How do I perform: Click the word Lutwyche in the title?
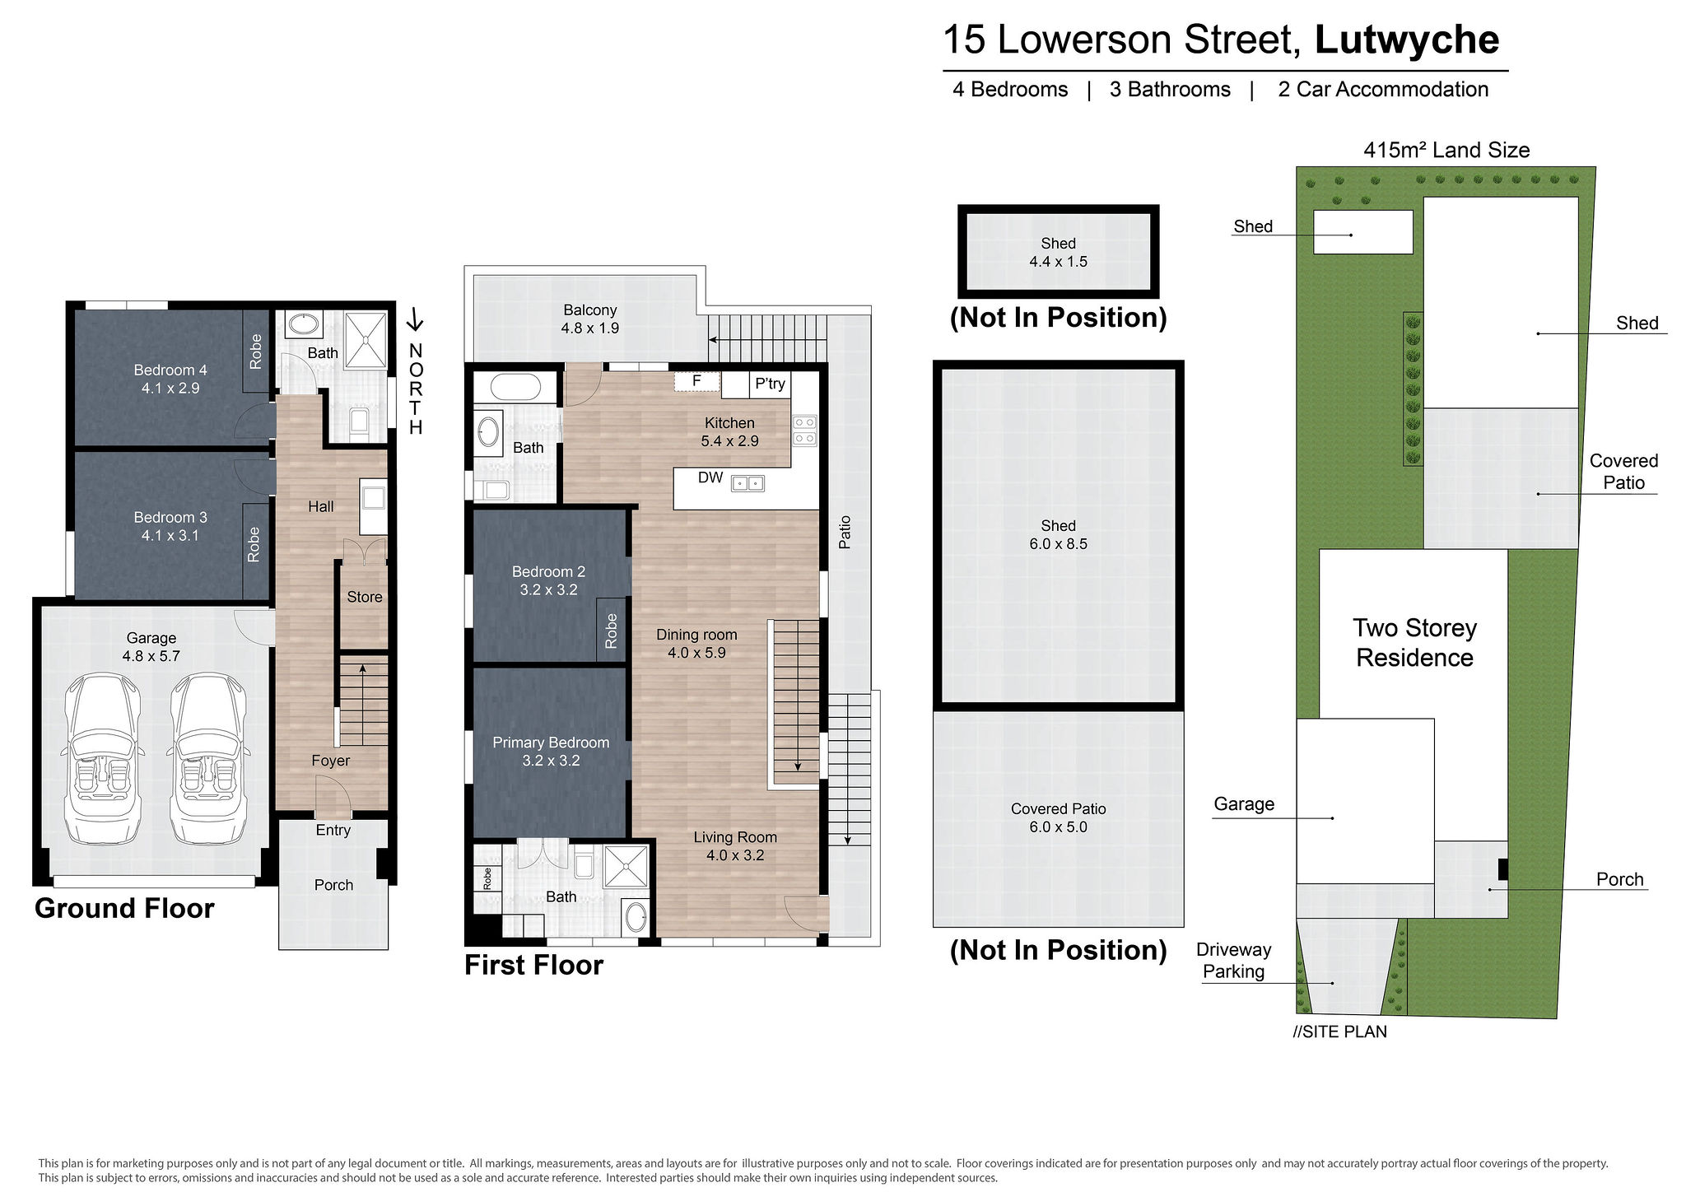point(1407,40)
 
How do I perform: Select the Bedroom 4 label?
point(170,379)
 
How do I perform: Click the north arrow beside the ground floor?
point(416,319)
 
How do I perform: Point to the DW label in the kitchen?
point(710,477)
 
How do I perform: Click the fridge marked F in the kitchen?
point(696,381)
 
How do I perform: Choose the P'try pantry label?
point(770,383)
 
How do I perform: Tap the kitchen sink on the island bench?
point(748,483)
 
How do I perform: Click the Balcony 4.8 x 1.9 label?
point(590,319)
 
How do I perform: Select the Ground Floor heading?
point(124,908)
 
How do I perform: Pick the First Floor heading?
point(533,965)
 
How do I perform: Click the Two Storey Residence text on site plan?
point(1415,643)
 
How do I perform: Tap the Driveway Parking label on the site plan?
point(1233,961)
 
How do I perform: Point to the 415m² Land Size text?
point(1446,150)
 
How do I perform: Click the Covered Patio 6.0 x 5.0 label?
point(1058,817)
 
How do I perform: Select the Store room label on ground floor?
point(365,597)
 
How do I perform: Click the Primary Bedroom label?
point(551,751)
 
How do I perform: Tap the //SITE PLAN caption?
point(1339,1031)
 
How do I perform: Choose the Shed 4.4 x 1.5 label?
point(1058,252)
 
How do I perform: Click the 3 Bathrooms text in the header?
point(1170,89)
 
